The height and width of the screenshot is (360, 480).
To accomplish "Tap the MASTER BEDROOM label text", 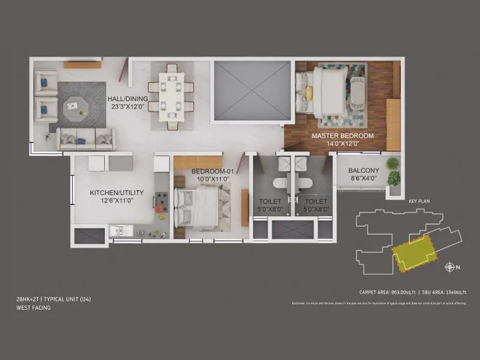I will pos(342,136).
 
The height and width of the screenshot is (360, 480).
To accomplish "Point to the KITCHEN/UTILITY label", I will pos(116,193).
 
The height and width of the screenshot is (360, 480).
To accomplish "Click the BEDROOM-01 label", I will pos(207,172).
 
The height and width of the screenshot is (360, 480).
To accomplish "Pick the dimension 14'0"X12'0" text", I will pos(342,144).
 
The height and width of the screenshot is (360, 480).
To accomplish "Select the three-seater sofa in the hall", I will pos(86,139).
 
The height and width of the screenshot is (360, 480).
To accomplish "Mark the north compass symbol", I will pos(449,267).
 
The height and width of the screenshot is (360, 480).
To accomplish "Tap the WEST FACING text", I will pos(34,308).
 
